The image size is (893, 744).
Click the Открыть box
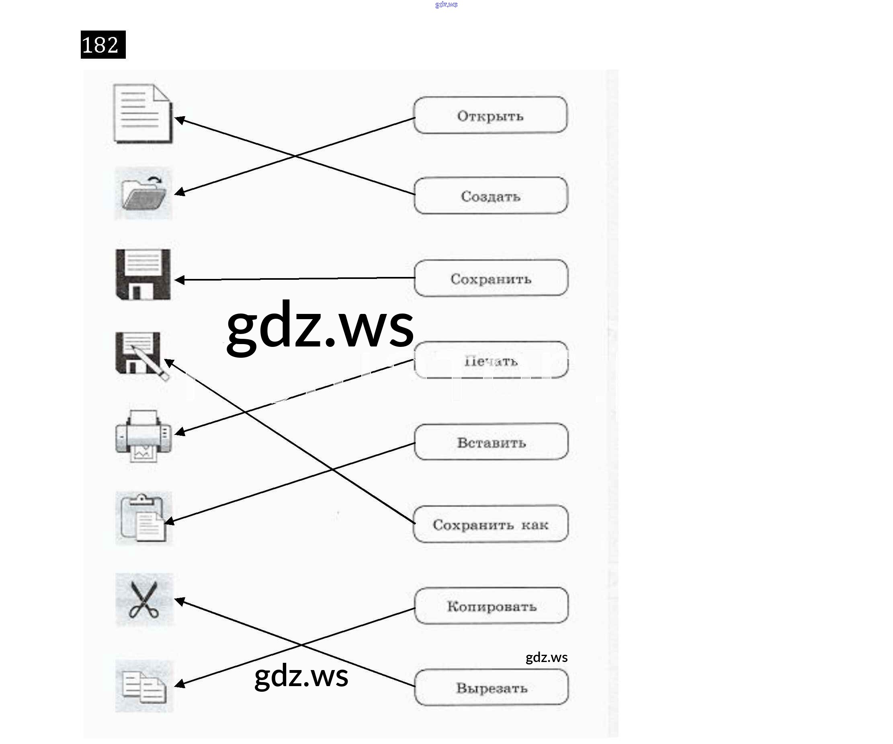[490, 115]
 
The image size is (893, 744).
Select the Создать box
[491, 196]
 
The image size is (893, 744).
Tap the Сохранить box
[491, 278]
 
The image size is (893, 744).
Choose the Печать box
[491, 360]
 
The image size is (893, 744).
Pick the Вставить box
[491, 442]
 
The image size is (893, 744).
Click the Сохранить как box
[491, 524]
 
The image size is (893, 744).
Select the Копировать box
[491, 606]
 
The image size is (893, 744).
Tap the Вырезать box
[492, 687]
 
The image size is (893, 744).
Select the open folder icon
[143, 194]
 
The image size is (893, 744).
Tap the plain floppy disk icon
[143, 275]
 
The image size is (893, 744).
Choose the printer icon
[143, 436]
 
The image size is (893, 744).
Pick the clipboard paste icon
[143, 518]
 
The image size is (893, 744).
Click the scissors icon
[144, 599]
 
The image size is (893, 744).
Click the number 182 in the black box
[103, 45]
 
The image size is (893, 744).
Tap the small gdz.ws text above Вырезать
[547, 658]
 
